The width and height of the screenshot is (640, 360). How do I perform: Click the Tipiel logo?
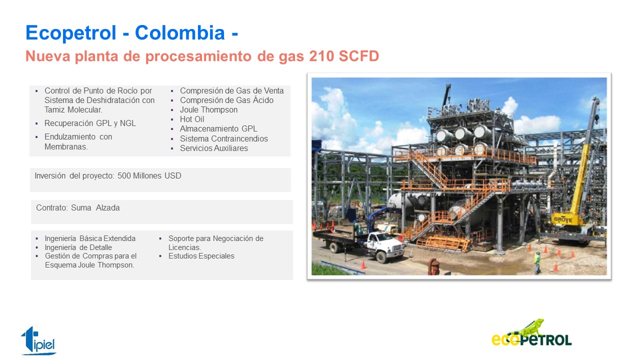(38, 340)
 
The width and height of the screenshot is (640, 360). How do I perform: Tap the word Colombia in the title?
(179, 32)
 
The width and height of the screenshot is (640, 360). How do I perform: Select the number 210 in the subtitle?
(321, 56)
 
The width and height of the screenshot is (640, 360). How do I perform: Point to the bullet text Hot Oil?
(192, 119)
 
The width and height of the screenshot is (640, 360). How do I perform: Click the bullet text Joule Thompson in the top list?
(208, 109)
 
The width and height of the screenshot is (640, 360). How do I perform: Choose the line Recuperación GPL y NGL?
(90, 123)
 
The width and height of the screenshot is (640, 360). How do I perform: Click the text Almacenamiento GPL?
(218, 129)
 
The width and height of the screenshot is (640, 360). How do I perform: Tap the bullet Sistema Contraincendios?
(223, 138)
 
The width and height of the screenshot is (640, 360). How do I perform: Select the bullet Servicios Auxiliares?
(213, 148)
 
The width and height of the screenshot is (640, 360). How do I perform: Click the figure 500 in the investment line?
(124, 175)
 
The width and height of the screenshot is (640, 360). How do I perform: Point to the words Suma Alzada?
(95, 207)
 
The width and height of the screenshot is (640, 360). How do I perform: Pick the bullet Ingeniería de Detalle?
(78, 247)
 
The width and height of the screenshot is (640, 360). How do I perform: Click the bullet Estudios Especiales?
(201, 256)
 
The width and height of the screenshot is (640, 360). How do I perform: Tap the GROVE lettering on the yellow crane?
(563, 219)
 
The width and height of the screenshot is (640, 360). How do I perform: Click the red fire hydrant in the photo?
(433, 266)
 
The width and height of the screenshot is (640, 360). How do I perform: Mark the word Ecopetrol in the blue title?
(71, 33)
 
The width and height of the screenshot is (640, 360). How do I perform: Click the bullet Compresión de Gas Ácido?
(226, 100)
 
